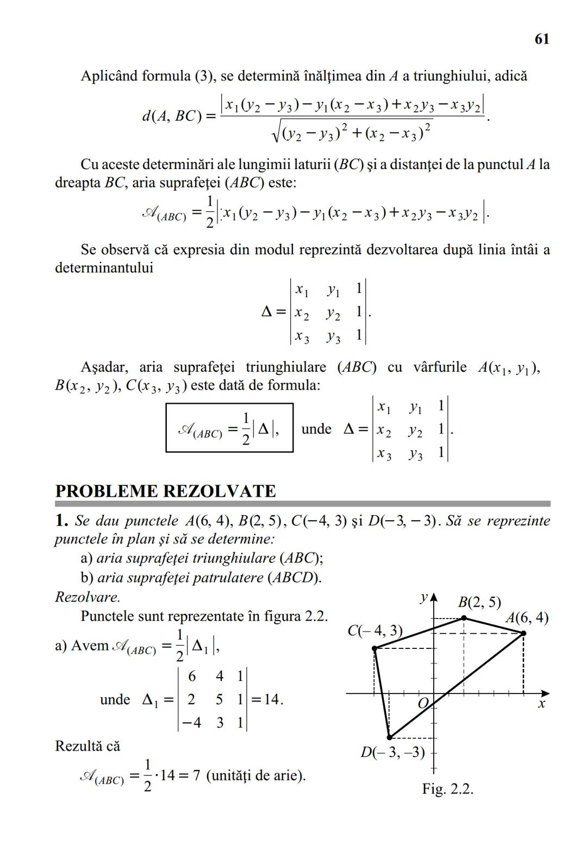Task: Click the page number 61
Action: tap(541, 39)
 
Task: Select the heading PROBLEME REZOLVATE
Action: tap(165, 491)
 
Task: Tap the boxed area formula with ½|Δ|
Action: tap(229, 428)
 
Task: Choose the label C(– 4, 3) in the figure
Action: tap(375, 630)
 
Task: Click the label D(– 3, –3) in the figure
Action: tap(392, 753)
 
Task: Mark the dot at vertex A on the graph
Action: tap(523, 633)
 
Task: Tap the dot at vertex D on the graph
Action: tap(389, 737)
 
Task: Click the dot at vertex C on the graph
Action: tap(374, 648)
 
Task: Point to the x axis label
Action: tap(541, 704)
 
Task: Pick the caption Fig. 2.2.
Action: tap(447, 789)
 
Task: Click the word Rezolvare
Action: tap(88, 597)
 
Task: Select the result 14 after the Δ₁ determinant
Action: tap(271, 699)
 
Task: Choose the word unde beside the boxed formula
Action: tap(316, 429)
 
